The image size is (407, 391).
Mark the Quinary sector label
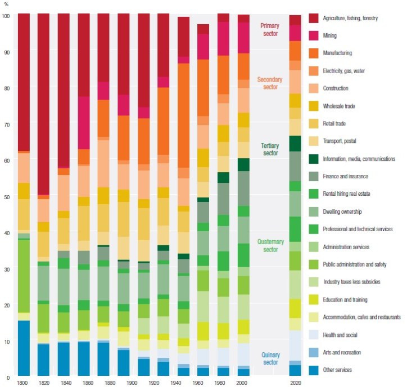click(274, 358)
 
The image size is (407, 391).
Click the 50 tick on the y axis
click(5, 197)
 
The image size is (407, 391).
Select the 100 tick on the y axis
click(6, 16)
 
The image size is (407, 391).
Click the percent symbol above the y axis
click(6, 6)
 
